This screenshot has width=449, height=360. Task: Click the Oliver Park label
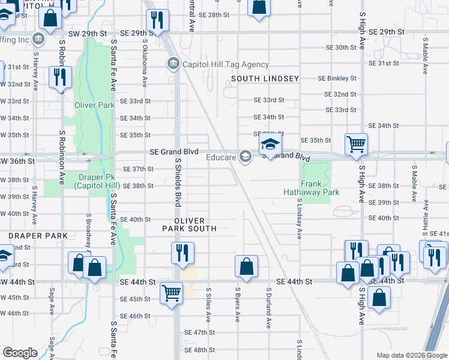(x=94, y=105)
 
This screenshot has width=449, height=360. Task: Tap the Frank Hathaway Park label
(x=312, y=188)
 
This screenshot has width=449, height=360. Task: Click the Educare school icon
(x=245, y=157)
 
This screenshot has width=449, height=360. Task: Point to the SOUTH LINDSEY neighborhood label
(x=265, y=79)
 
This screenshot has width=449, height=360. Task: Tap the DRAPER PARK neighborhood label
(x=38, y=236)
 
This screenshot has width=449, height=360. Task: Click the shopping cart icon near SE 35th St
(x=357, y=144)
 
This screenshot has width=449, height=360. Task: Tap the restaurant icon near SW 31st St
(x=59, y=77)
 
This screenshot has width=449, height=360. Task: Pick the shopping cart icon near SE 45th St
(x=172, y=293)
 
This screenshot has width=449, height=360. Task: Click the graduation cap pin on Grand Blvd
(x=270, y=144)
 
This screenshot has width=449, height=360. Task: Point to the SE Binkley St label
(x=337, y=79)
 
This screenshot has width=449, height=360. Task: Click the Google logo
(x=20, y=353)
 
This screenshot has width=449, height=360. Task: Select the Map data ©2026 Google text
(x=411, y=355)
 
